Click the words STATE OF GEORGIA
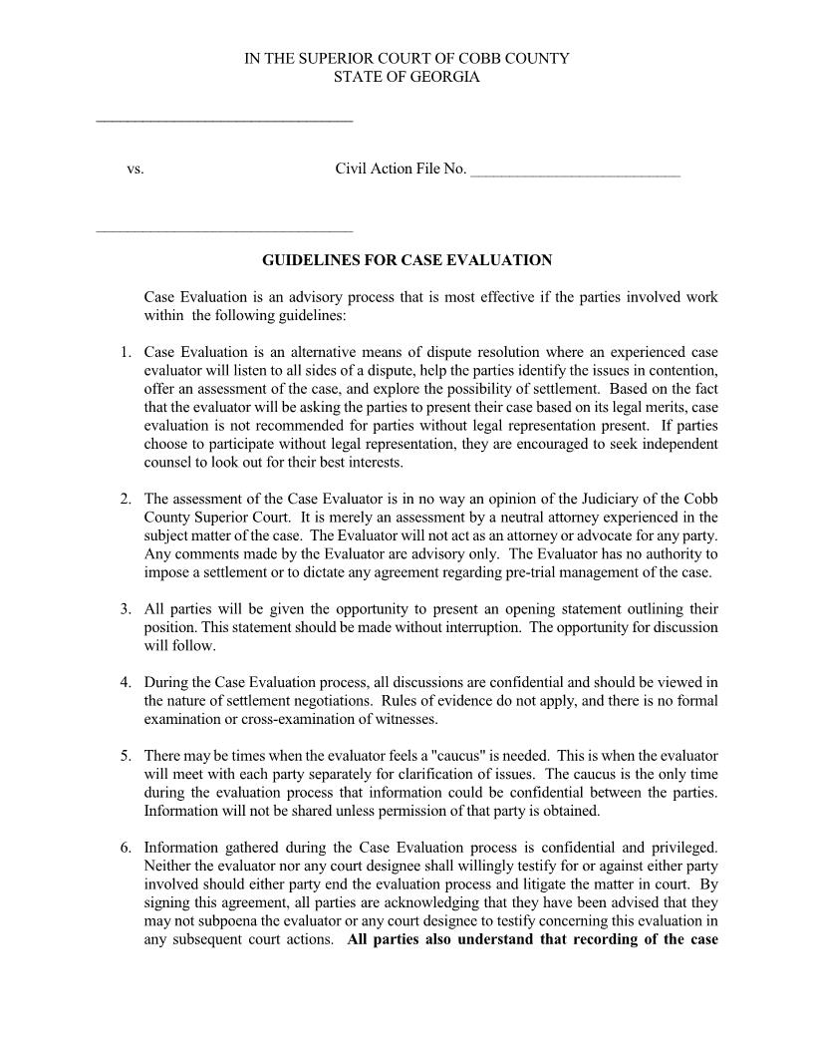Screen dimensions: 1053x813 coord(406,77)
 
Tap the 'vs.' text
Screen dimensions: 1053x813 coord(135,170)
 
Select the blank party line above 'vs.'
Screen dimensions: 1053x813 coord(224,121)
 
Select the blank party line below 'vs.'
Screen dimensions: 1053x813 coord(224,231)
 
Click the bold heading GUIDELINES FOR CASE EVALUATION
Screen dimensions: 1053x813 coord(406,260)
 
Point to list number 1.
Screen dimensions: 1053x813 coord(126,353)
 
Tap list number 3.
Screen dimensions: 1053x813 coord(126,609)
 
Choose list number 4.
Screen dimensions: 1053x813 coord(126,683)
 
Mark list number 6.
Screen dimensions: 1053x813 coord(126,849)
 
